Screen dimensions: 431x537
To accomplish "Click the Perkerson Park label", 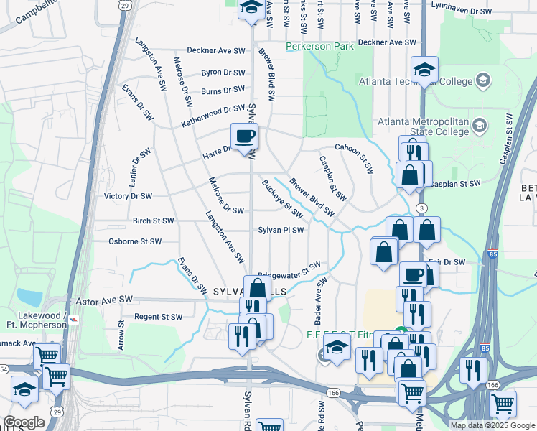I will (x=320, y=47).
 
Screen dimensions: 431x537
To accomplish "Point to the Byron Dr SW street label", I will (x=223, y=73).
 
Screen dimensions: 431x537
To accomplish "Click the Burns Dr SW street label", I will (x=223, y=91).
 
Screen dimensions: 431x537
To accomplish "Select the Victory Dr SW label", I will (x=128, y=196).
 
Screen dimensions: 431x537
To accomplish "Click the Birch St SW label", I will (x=153, y=221).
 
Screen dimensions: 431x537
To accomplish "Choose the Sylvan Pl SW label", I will (x=281, y=231).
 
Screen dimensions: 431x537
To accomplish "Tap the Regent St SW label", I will (x=158, y=316).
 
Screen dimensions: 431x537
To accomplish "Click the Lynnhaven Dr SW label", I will (x=462, y=11).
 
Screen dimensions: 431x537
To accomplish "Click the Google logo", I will (x=24, y=423).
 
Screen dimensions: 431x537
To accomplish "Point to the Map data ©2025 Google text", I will (x=492, y=425).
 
